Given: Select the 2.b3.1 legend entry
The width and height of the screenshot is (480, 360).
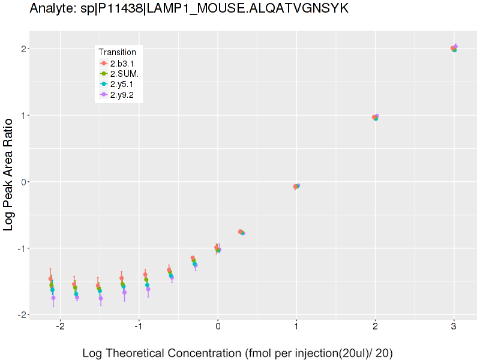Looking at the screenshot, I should [x=124, y=63].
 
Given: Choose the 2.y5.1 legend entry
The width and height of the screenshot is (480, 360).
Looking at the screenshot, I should [x=124, y=84].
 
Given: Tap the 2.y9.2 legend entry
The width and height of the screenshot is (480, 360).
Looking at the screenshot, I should [x=124, y=95].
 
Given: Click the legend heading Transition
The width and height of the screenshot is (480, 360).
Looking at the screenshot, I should [x=118, y=52].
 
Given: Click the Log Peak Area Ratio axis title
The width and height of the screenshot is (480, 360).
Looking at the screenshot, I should [x=10, y=181].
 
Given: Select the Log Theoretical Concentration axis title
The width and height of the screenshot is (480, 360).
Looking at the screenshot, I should [x=238, y=353].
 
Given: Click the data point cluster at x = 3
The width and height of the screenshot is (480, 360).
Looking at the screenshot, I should [x=454, y=49].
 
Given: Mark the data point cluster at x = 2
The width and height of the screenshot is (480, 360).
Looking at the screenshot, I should [x=375, y=118].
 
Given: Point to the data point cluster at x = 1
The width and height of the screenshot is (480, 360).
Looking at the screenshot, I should [x=296, y=187].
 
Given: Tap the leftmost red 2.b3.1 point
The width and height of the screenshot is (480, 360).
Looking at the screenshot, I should [x=50, y=279].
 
